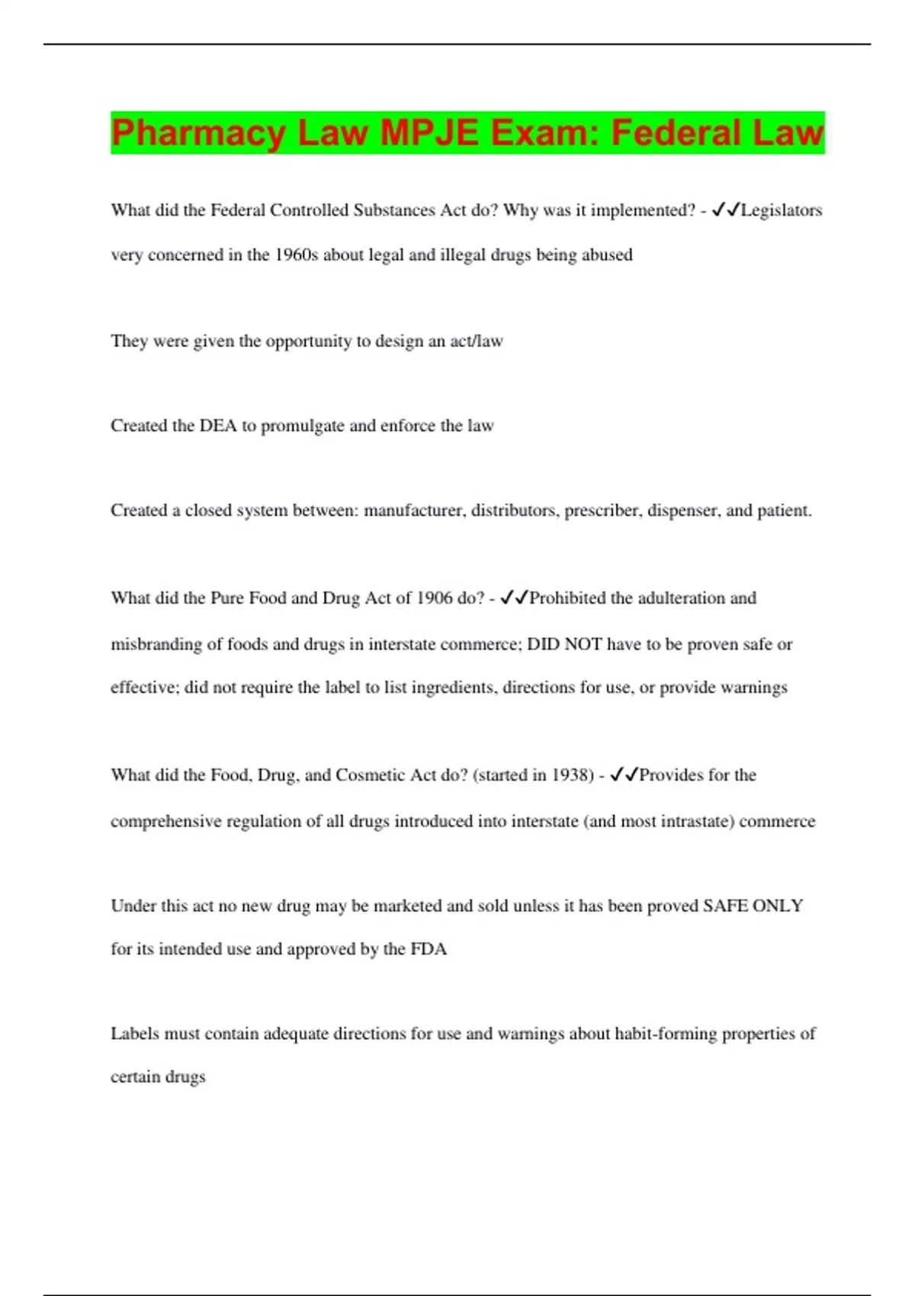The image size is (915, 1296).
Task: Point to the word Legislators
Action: click(781, 210)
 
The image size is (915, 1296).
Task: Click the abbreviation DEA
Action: click(218, 425)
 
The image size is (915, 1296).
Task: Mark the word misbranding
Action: click(156, 644)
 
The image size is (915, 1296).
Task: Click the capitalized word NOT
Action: click(583, 644)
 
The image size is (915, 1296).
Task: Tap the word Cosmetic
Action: click(371, 775)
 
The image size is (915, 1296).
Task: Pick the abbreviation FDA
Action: click(429, 949)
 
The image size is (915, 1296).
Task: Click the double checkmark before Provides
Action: click(624, 775)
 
